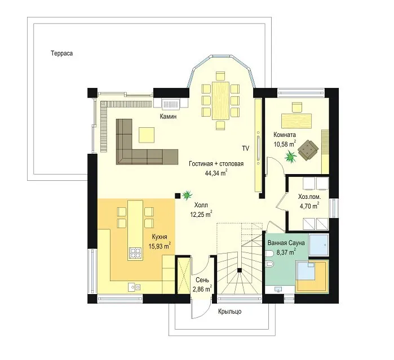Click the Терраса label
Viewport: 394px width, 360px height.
click(x=62, y=54)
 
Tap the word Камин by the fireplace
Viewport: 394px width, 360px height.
click(x=168, y=117)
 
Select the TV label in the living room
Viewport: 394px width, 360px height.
click(x=246, y=148)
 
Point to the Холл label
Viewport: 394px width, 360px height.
click(x=201, y=205)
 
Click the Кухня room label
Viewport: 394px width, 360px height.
click(x=160, y=237)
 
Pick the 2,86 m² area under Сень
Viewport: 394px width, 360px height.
click(x=202, y=288)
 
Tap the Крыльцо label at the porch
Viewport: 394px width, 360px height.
click(x=229, y=312)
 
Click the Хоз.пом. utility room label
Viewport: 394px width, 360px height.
click(x=309, y=197)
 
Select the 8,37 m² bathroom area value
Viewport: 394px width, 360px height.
click(x=286, y=252)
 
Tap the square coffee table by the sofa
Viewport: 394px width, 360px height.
click(x=147, y=135)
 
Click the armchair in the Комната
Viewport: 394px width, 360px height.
click(x=308, y=150)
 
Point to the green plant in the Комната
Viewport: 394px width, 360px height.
click(x=291, y=156)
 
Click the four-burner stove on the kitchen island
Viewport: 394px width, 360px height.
click(x=135, y=253)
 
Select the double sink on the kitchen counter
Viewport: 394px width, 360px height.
click(x=134, y=287)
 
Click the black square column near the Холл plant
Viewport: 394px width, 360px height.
click(x=178, y=195)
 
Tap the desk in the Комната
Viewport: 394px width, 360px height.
click(x=296, y=121)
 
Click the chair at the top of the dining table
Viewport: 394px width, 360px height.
click(x=220, y=76)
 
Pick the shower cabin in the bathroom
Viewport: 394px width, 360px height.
click(x=318, y=245)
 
